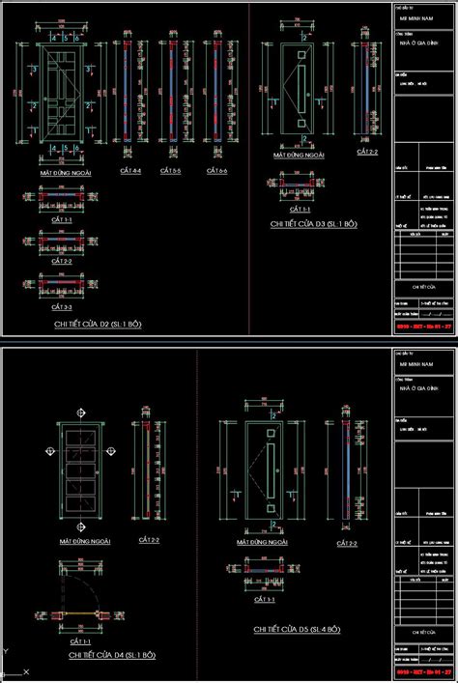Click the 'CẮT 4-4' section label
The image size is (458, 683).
point(130,171)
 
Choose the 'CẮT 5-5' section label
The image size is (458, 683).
point(172,171)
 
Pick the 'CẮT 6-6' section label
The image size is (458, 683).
point(215,171)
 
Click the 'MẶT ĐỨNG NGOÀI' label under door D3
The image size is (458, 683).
point(298,154)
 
